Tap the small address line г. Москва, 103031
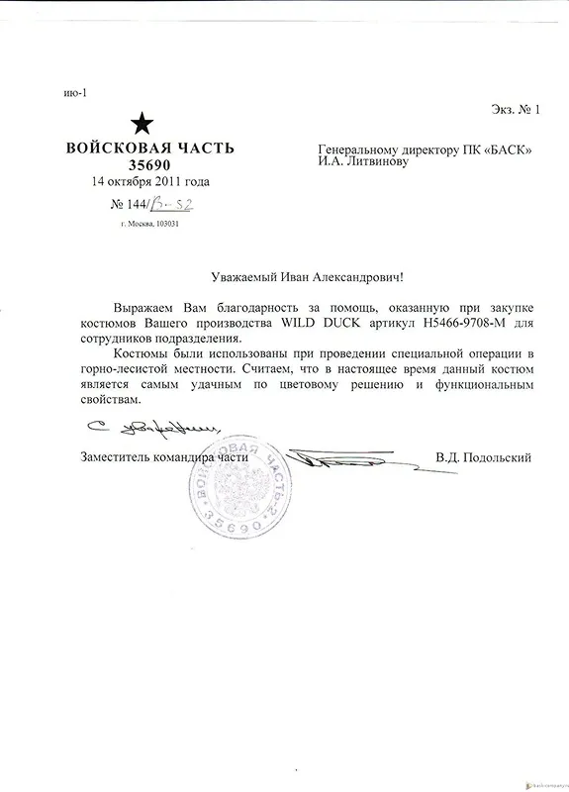coord(148,224)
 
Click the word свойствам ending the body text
coord(106,400)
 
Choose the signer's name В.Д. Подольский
coord(484,458)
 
